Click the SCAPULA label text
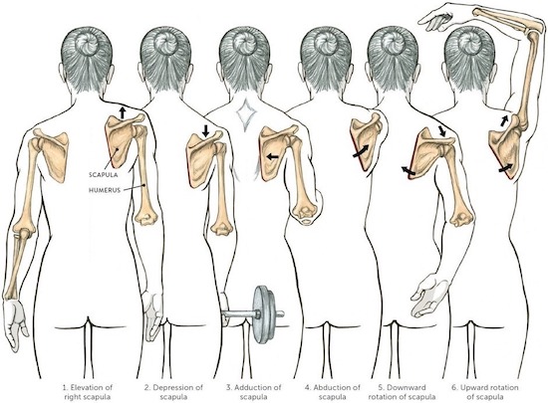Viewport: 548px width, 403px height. (103, 174)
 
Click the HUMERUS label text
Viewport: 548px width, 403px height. (105, 190)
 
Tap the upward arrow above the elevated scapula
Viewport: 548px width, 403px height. (122, 113)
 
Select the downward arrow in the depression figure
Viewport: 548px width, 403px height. (206, 130)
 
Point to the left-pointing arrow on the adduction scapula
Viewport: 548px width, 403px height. (272, 157)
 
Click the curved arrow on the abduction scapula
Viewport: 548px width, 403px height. (360, 151)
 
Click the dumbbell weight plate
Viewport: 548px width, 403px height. (264, 314)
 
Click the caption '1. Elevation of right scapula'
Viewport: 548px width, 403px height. (88, 392)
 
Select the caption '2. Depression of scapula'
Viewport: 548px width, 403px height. (173, 392)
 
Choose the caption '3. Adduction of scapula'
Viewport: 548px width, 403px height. (253, 392)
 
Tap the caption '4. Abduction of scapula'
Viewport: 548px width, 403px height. (333, 392)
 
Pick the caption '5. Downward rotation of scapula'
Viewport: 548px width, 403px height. (402, 392)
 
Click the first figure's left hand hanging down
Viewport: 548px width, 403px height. (15, 323)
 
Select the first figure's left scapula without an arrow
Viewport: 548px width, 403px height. (52, 153)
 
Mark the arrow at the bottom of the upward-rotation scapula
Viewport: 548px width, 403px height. (506, 168)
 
